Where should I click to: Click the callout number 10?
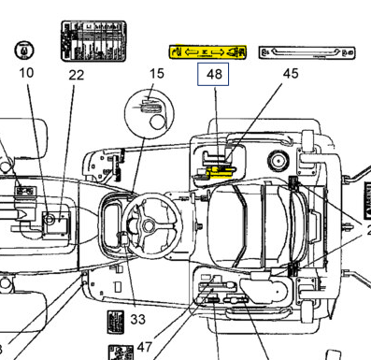coord(26,72)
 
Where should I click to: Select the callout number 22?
coord(76,74)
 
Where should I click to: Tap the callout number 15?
coord(156,73)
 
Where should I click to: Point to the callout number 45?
coord(291,73)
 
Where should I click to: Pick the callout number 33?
coord(138,319)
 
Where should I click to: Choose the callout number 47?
coord(145,346)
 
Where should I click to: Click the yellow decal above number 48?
coord(206,50)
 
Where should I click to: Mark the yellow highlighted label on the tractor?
coord(221,172)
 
